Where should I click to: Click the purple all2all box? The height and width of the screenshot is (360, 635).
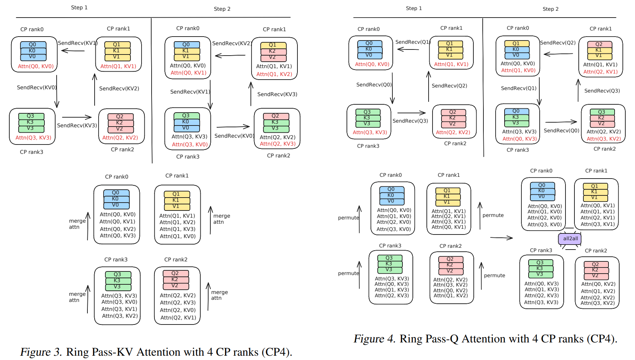coord(570,239)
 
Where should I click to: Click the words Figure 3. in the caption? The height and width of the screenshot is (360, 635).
coord(41,352)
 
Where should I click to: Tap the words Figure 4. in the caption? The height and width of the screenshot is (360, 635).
coord(374,339)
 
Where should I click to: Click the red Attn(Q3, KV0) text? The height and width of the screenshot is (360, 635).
coord(190,145)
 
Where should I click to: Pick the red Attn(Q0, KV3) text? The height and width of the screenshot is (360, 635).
coord(519,139)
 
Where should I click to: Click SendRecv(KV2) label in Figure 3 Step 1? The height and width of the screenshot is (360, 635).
coord(119,89)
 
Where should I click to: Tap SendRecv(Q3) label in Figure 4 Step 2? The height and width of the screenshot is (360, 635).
coord(602,91)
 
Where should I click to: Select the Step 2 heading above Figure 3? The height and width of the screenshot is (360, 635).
coord(222,9)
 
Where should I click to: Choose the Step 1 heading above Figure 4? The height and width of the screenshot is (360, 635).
coord(414,8)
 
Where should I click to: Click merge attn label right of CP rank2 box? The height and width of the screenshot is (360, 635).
coord(219,295)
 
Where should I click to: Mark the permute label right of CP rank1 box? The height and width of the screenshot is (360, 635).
coord(493,215)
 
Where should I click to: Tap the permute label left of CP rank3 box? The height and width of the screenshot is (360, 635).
coord(348,273)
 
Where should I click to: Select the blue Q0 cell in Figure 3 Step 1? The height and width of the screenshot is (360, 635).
coord(33,45)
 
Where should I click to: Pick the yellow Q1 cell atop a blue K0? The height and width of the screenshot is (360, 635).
coord(516,43)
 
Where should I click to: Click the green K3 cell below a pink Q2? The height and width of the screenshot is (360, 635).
coord(275,122)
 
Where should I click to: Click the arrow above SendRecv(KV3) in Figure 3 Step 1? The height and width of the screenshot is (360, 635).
coord(77,117)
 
